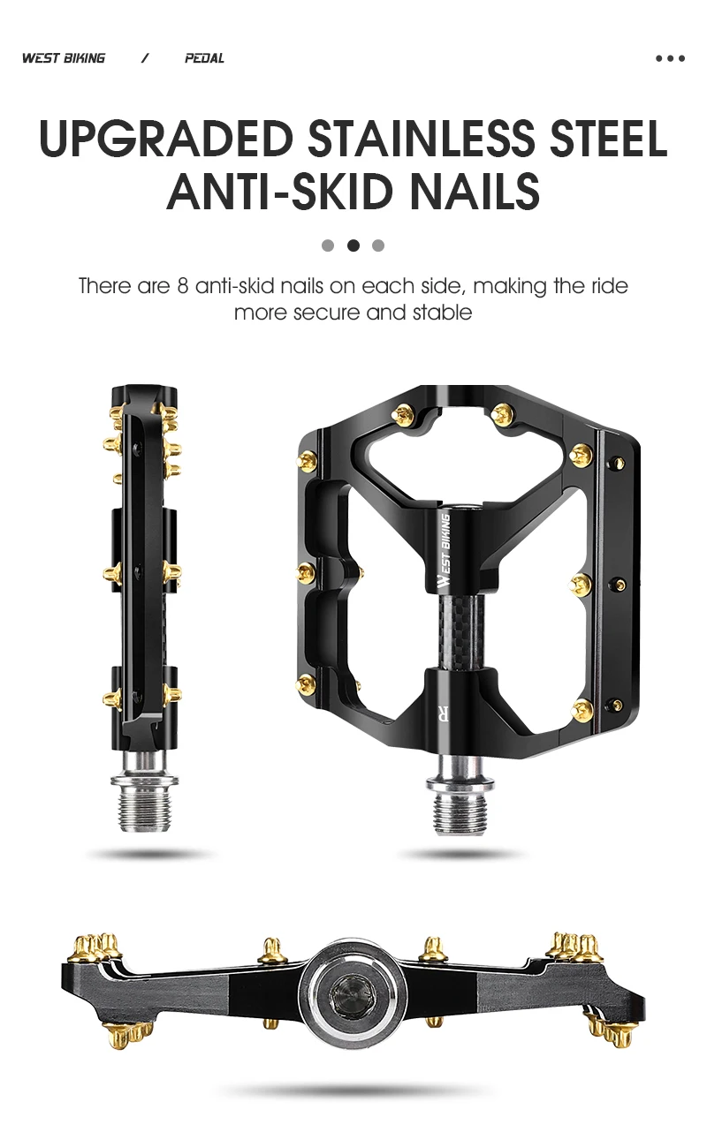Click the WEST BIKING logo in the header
click(x=64, y=58)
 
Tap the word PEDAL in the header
click(x=204, y=58)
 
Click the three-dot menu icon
click(x=670, y=58)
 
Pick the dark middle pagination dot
click(x=353, y=245)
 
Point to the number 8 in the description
click(x=183, y=287)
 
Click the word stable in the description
click(x=443, y=313)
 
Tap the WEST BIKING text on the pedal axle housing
click(x=445, y=550)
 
